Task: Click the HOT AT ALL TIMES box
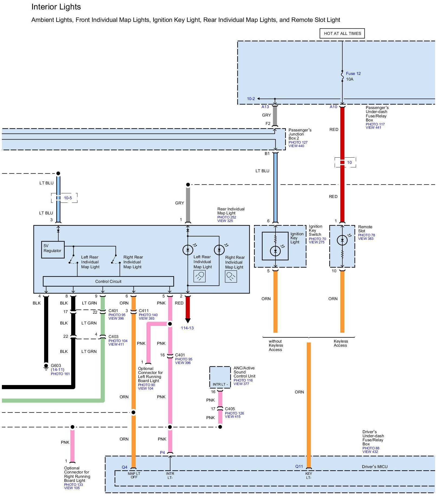[x=342, y=34]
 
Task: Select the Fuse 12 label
[x=353, y=74]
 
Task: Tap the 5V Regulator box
[x=53, y=249]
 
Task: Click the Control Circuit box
[x=108, y=281]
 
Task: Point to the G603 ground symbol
[x=46, y=366]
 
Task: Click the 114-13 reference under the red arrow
[x=187, y=328]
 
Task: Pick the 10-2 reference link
[x=251, y=99]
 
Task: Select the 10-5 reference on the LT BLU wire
[x=68, y=198]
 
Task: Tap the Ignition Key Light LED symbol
[x=275, y=251]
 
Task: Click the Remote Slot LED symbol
[x=342, y=240]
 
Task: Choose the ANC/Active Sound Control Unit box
[x=220, y=377]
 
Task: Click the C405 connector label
[x=230, y=409]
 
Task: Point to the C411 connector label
[x=144, y=311]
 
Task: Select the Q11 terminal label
[x=299, y=466]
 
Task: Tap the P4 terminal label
[x=162, y=453]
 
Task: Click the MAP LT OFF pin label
[x=134, y=475]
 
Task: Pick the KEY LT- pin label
[x=309, y=475]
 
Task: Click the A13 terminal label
[x=265, y=107]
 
